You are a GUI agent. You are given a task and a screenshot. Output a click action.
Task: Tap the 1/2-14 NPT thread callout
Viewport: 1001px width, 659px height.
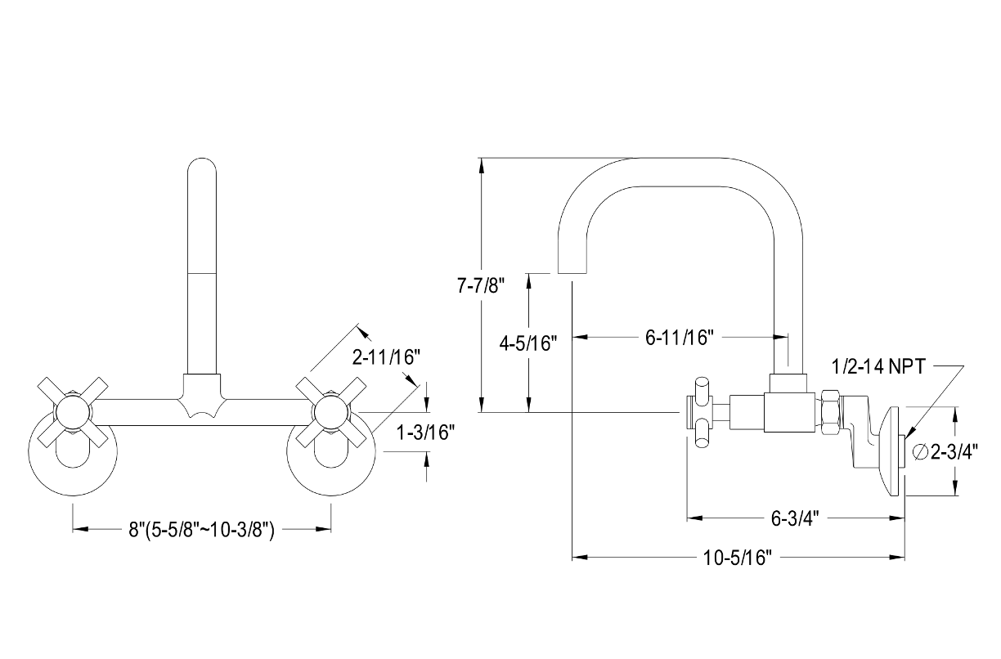click(x=878, y=367)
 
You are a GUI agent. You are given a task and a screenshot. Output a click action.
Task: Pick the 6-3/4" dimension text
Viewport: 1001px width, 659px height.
click(x=795, y=518)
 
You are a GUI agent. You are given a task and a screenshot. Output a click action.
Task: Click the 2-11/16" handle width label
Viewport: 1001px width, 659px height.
click(x=386, y=357)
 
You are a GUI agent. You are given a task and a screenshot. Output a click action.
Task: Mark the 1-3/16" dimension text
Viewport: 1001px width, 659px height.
click(x=424, y=433)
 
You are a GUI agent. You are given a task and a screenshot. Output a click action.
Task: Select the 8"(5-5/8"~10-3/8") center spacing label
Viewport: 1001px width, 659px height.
click(x=200, y=530)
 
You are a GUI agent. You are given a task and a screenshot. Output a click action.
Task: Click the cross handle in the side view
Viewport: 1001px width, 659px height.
click(x=701, y=413)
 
